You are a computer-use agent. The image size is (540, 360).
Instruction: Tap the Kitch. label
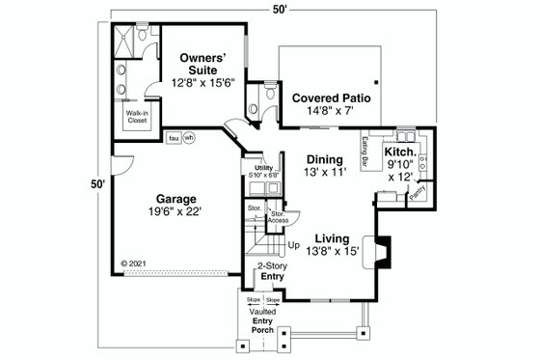[400, 152]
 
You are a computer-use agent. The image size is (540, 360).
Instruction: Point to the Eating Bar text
[367, 152]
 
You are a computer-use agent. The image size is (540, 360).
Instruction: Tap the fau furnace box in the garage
[174, 137]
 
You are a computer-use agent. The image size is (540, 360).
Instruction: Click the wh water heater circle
[189, 137]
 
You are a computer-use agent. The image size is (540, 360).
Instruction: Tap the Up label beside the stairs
[293, 245]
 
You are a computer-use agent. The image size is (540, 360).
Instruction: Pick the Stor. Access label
[278, 217]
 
